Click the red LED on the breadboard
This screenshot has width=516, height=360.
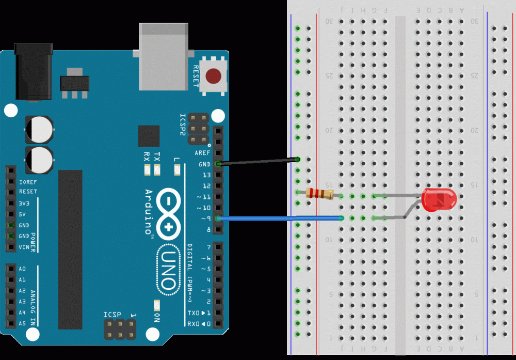tap(439, 200)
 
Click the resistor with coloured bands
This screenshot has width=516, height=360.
tap(319, 194)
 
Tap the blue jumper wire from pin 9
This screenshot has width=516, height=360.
tap(279, 218)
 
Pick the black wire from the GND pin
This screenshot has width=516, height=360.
tap(258, 162)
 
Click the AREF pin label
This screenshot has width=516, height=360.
tap(202, 153)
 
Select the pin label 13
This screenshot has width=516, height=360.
tap(206, 175)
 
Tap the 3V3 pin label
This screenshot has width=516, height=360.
tap(24, 204)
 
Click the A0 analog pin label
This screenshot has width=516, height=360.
tap(22, 269)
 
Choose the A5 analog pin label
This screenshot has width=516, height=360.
tap(22, 323)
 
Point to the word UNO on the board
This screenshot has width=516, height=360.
tap(168, 270)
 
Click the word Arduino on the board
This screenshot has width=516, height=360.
tap(149, 212)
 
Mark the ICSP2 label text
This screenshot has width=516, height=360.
tap(182, 124)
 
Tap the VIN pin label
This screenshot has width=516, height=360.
tap(24, 247)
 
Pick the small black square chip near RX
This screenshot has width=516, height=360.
tap(149, 136)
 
